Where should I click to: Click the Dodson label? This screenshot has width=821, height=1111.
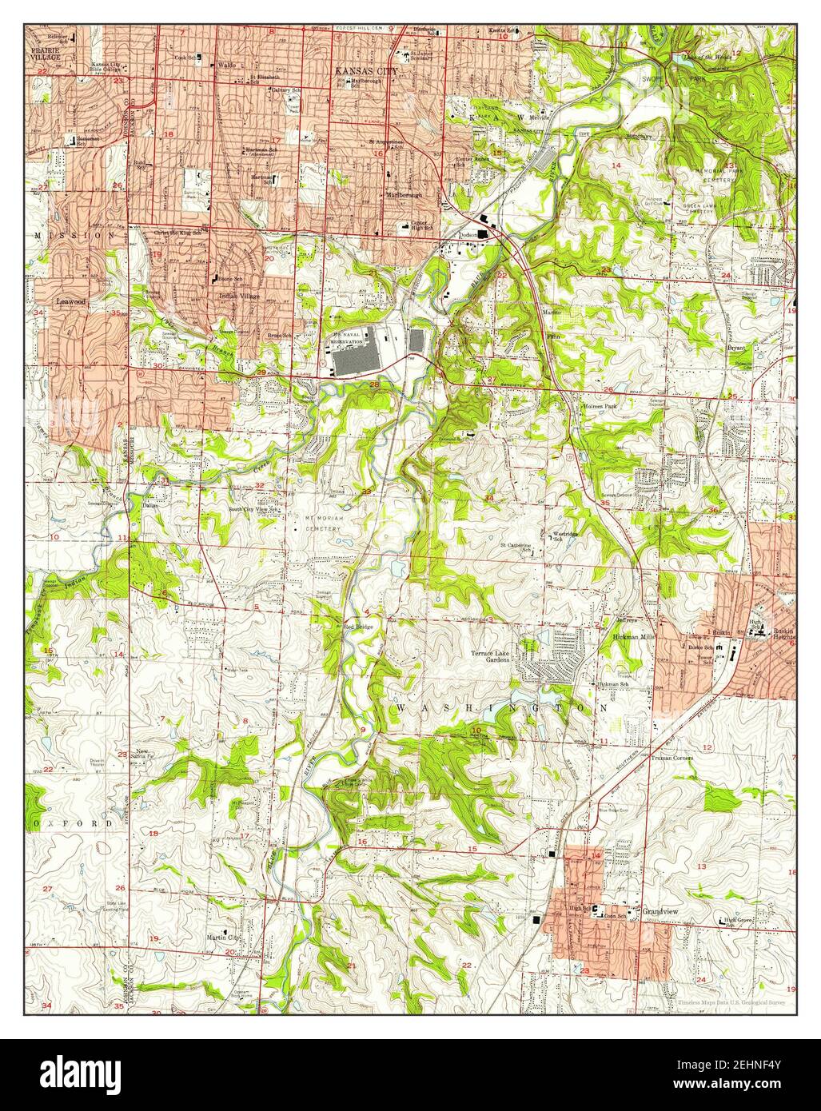click(x=468, y=234)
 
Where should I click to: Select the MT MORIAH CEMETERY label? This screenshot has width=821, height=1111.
click(x=321, y=522)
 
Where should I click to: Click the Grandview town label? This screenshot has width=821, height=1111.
click(x=660, y=910)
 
